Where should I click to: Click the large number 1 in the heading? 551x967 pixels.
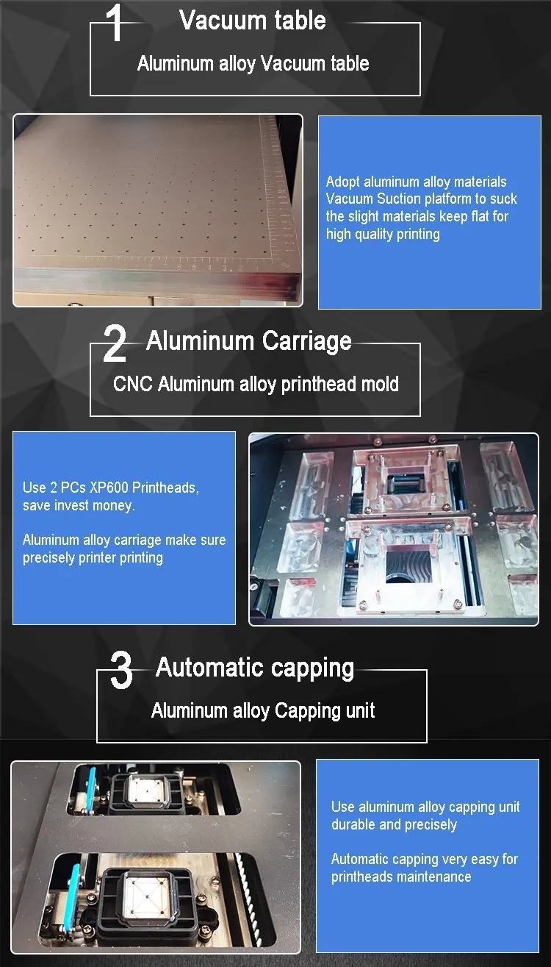[116, 24]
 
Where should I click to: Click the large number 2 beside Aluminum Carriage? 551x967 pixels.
[115, 344]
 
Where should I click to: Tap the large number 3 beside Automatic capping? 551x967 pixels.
[121, 671]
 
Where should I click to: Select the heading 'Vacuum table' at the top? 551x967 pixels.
[253, 21]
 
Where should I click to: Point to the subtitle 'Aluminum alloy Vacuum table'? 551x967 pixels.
[253, 63]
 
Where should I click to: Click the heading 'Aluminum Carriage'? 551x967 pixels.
[249, 341]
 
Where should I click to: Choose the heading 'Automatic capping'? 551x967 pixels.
[255, 668]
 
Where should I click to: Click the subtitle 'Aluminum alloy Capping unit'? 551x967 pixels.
[263, 710]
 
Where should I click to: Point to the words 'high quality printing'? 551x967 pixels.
[383, 234]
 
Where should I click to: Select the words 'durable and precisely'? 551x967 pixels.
[394, 824]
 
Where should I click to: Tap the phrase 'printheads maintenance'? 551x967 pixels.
[401, 877]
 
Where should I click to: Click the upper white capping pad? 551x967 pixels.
[146, 791]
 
